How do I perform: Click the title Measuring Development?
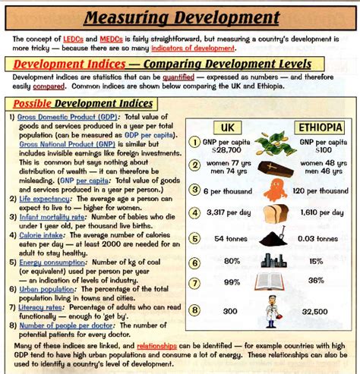click(x=180, y=17)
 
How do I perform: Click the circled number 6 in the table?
click(x=195, y=262)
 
